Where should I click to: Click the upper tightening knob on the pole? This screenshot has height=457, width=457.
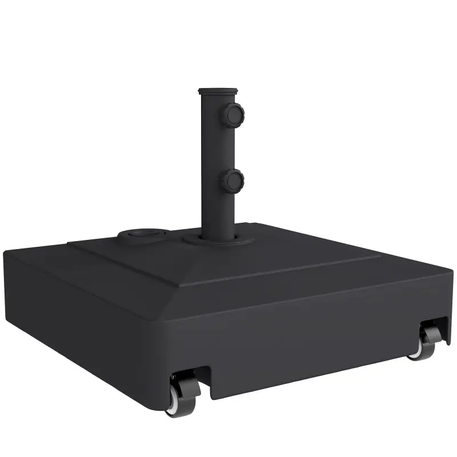[x=234, y=115]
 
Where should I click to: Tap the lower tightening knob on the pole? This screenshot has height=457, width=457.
[x=234, y=181]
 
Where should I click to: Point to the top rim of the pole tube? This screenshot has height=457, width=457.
[x=217, y=91]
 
